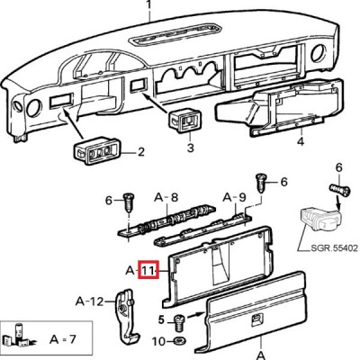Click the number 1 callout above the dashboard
pos(149,7)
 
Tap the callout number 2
pos(140,152)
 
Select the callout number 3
pos(191,148)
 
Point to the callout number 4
pos(301,140)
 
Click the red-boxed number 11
pos(148,270)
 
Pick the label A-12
pos(89,301)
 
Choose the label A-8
pos(166,197)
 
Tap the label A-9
pos(235,197)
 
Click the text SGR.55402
pos(334,248)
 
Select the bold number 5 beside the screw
pos(161,320)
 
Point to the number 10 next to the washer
pos(159,341)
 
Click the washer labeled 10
pos(180,341)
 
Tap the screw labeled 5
pos(179,323)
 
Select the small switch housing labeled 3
pos(185,121)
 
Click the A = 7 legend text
pos(63,339)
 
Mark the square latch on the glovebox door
pos(257,319)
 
